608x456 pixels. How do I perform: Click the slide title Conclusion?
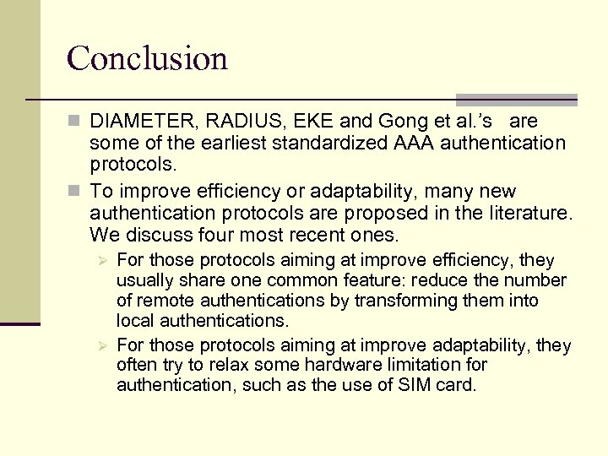tap(147, 58)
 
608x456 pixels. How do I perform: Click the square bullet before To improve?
tap(75, 192)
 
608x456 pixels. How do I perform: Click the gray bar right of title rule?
tap(516, 100)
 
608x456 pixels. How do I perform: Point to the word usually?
tap(144, 280)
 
